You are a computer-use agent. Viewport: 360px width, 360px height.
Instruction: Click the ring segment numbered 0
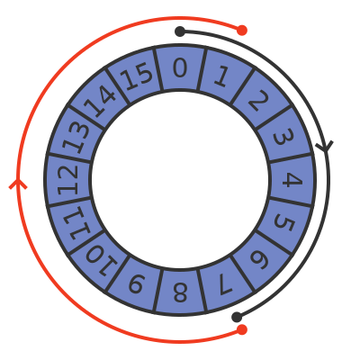pos(180,67)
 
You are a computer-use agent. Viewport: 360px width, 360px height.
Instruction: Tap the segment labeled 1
pos(223,76)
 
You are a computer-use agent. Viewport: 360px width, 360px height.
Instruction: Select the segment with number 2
pos(259,101)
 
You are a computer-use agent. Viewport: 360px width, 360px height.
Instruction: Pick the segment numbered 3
pos(283,137)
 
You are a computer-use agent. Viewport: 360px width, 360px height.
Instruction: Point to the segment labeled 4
pos(292,180)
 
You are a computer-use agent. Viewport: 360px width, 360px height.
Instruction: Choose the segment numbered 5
pos(283,223)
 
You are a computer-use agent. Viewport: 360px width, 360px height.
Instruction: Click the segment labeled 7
pos(223,283)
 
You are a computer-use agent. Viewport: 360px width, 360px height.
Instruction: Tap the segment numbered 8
pos(180,292)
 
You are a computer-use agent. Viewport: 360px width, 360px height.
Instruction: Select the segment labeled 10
pos(101,259)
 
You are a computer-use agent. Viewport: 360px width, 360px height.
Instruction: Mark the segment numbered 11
pos(76,223)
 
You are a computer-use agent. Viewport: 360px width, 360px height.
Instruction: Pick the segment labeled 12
pos(67,180)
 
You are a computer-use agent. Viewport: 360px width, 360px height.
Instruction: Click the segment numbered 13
pos(76,137)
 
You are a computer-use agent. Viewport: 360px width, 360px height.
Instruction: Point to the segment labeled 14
pos(101,101)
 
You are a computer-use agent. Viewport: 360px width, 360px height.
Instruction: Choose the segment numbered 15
pos(137,76)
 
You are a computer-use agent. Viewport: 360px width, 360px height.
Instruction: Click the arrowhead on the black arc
pos(325,146)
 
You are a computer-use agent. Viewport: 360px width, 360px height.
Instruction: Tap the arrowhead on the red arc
pos(18,184)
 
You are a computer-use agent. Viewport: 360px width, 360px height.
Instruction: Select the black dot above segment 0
pos(180,31)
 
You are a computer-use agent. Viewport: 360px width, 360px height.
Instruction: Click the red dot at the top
pos(242,31)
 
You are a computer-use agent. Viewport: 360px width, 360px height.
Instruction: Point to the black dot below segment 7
pos(237,317)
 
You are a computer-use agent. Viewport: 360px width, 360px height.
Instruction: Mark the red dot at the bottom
pos(242,329)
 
